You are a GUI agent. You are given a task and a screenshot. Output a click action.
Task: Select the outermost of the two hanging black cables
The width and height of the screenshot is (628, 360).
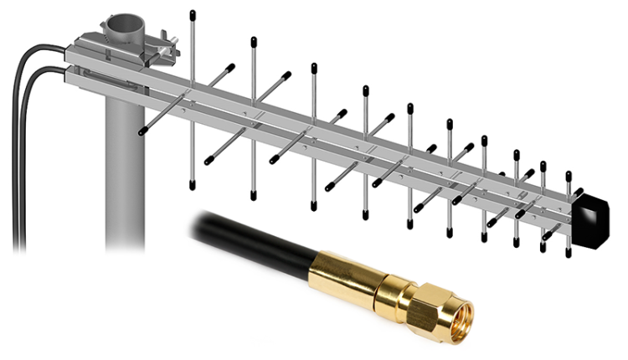(x=17, y=167)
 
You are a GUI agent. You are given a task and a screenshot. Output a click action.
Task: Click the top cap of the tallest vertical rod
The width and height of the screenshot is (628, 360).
(x=193, y=14)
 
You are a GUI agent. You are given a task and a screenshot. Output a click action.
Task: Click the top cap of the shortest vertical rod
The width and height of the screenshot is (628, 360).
(x=569, y=176)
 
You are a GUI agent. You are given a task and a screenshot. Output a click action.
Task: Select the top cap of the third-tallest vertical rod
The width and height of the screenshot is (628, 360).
(x=313, y=64)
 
